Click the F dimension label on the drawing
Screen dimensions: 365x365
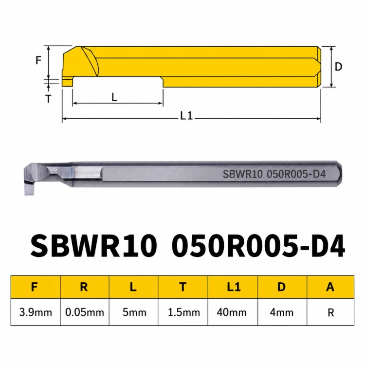pos(38,60)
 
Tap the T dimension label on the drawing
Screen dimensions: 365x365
pos(48,99)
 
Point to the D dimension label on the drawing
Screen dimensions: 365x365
pos(338,67)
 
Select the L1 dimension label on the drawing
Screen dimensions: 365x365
pos(187,116)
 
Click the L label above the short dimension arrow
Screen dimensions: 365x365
pos(114,97)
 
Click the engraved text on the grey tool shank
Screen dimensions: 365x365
pos(274,174)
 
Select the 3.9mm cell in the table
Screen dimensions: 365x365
pos(36,312)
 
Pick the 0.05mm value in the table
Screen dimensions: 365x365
pos(85,312)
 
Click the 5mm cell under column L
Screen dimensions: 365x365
pos(134,312)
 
